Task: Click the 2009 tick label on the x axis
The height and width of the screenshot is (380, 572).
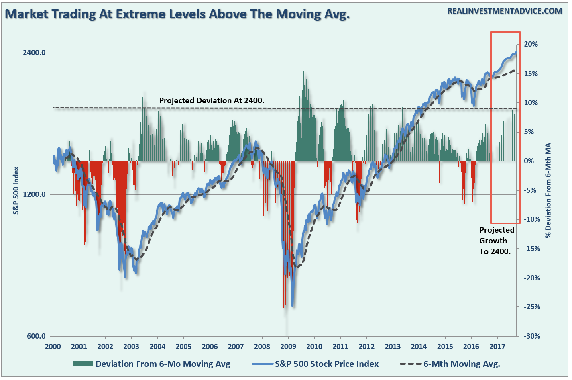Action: (x=288, y=347)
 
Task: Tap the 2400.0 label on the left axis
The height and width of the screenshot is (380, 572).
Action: (x=34, y=53)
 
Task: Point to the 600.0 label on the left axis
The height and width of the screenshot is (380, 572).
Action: (x=36, y=336)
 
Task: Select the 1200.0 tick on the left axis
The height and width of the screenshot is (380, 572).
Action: (x=34, y=194)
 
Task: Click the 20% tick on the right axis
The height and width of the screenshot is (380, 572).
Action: (x=531, y=44)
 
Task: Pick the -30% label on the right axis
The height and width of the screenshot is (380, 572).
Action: (x=532, y=336)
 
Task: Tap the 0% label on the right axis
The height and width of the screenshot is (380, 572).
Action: (x=529, y=161)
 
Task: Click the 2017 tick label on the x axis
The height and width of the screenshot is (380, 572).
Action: (x=497, y=347)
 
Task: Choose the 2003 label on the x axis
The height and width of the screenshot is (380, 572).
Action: (x=131, y=347)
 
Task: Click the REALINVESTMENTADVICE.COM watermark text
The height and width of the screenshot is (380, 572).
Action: (x=505, y=11)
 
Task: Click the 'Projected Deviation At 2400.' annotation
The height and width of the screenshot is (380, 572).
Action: (x=212, y=101)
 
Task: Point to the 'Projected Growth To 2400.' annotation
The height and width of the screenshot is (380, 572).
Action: (x=496, y=241)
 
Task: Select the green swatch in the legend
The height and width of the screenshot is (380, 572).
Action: (x=83, y=364)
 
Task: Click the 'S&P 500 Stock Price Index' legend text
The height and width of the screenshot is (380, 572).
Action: (x=326, y=364)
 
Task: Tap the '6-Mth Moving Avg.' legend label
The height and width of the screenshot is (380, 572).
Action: (x=462, y=364)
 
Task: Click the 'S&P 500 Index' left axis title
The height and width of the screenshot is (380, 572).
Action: (x=16, y=190)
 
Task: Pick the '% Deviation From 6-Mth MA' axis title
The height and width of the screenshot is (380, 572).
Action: (x=548, y=190)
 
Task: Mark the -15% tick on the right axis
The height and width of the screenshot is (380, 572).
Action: (x=532, y=249)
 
